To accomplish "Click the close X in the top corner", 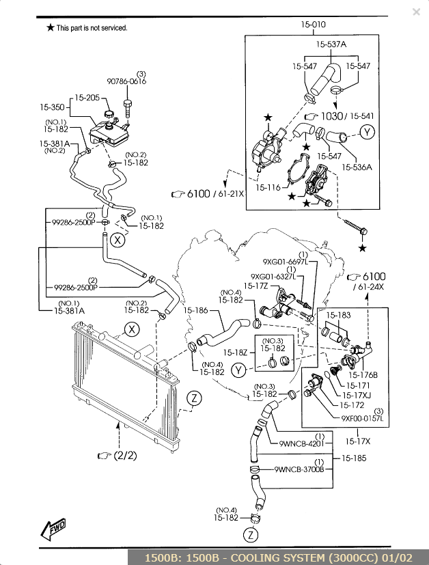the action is point(416,12).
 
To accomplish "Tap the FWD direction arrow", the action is point(53,529).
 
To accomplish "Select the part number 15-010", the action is point(313,25).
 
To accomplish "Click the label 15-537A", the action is point(331,44).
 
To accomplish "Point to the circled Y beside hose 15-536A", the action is point(367,133).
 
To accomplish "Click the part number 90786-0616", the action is point(126,81).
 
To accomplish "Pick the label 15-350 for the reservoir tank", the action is point(52,107).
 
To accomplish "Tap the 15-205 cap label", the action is point(87,98).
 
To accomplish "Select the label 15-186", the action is point(195,310).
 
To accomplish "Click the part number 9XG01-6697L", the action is point(286,262).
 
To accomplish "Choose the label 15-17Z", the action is point(255,286).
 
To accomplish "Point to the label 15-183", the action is point(338,315).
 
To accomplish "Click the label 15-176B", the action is point(363,375).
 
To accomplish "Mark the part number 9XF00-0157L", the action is point(362,418).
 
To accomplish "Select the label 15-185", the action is point(354,458).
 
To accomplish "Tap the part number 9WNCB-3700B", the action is point(299,469).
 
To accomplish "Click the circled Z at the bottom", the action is point(251,535).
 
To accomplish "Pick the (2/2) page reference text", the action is point(125,456).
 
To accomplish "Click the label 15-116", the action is point(268,187).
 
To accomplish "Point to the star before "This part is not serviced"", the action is point(51,27).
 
